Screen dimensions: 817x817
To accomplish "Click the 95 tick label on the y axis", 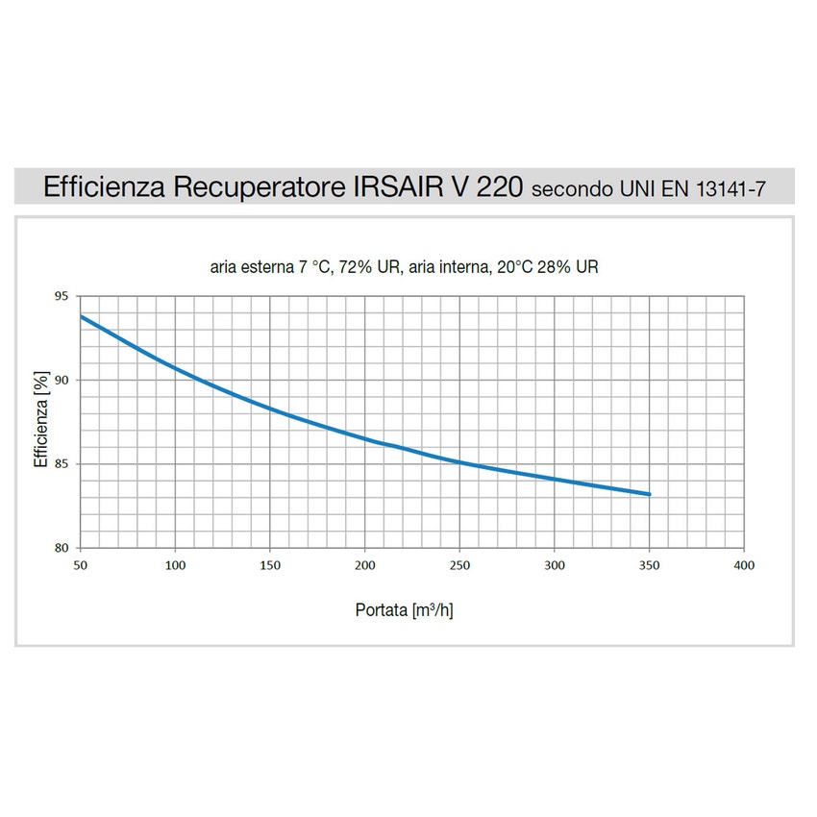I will pyautogui.click(x=62, y=296).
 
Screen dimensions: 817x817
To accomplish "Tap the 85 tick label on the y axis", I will pyautogui.click(x=62, y=464).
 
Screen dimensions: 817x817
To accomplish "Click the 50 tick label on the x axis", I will pyautogui.click(x=80, y=565).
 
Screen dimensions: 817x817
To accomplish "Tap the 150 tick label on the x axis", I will pyautogui.click(x=270, y=565).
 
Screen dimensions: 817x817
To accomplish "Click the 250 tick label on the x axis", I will pyautogui.click(x=459, y=565).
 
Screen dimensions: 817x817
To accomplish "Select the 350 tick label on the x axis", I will pyautogui.click(x=650, y=565).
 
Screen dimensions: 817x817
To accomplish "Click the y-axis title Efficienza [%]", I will pyautogui.click(x=40, y=422).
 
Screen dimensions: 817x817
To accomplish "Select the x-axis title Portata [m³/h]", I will pyautogui.click(x=404, y=610).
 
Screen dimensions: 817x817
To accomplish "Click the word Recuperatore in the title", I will pyautogui.click(x=255, y=186).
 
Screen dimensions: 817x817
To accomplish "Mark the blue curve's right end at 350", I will pyautogui.click(x=650, y=494).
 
